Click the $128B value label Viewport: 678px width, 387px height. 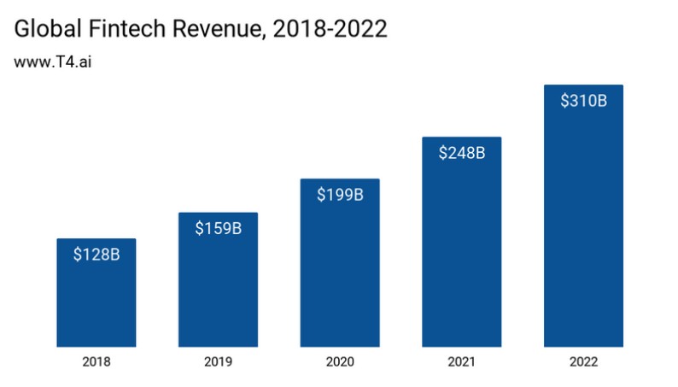tap(96, 254)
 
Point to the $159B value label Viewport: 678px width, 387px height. tap(218, 228)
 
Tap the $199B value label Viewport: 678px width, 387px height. tap(340, 195)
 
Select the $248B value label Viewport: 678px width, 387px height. tap(462, 153)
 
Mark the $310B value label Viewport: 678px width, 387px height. tap(583, 101)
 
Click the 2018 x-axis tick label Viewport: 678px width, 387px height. tap(96, 362)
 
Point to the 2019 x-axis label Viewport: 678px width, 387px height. tap(218, 362)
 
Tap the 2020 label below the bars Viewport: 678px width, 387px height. tap(340, 362)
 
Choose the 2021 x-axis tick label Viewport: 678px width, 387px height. tap(462, 362)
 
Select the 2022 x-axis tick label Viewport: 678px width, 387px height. tap(583, 362)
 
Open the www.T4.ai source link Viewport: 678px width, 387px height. tap(52, 63)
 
